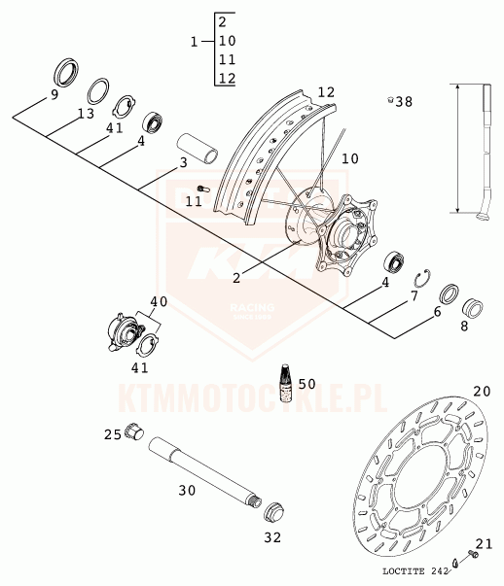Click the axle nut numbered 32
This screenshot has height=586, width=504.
click(x=273, y=513)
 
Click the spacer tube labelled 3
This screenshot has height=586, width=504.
click(x=198, y=149)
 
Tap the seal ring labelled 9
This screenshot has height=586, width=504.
click(x=66, y=73)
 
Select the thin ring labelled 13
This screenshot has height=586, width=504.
click(x=98, y=91)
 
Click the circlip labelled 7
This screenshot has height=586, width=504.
click(x=423, y=279)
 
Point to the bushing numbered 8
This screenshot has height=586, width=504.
click(x=473, y=308)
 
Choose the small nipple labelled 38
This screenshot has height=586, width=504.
click(x=390, y=100)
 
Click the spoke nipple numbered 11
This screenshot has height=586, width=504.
click(x=203, y=189)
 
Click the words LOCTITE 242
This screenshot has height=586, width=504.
click(x=414, y=571)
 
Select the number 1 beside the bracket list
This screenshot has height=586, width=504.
click(x=194, y=42)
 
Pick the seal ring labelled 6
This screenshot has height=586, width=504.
click(x=449, y=293)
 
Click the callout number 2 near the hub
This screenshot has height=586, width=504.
click(x=236, y=278)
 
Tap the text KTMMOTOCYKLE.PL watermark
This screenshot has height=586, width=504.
click(x=253, y=398)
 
